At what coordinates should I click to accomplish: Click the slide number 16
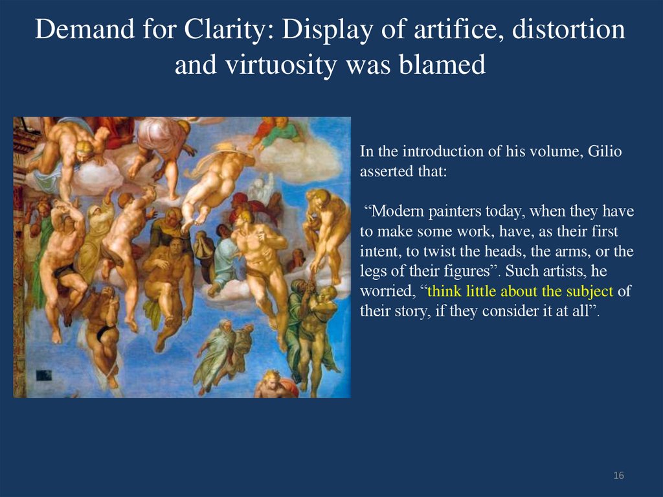(618, 476)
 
